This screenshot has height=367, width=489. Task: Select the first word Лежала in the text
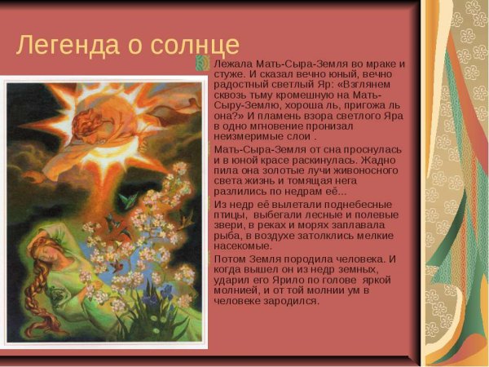coord(232,64)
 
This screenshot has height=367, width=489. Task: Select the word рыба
coord(228,236)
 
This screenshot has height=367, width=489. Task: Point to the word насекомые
coord(242,246)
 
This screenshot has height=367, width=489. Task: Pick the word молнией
coord(233,290)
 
